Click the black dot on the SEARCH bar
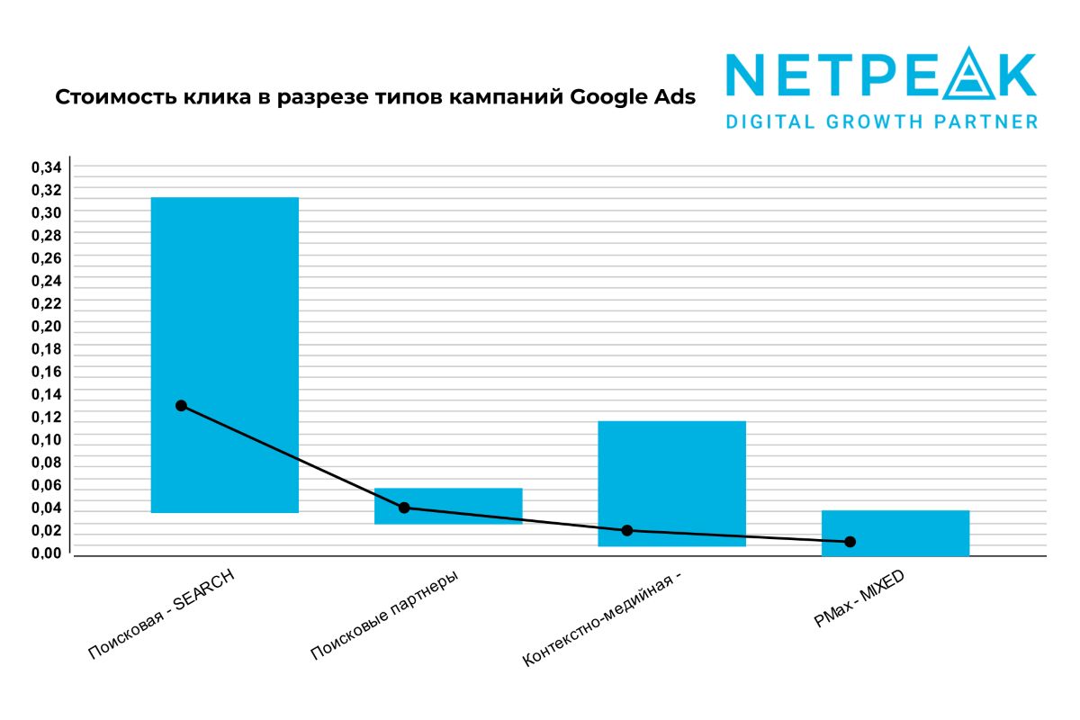pyautogui.click(x=181, y=406)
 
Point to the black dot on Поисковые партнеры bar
pyautogui.click(x=404, y=508)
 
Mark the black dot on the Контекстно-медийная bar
pyautogui.click(x=627, y=530)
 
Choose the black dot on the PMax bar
pyautogui.click(x=850, y=542)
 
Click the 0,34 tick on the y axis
pyautogui.click(x=46, y=167)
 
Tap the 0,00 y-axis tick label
pyautogui.click(x=46, y=553)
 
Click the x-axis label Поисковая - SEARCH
pyautogui.click(x=162, y=616)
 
